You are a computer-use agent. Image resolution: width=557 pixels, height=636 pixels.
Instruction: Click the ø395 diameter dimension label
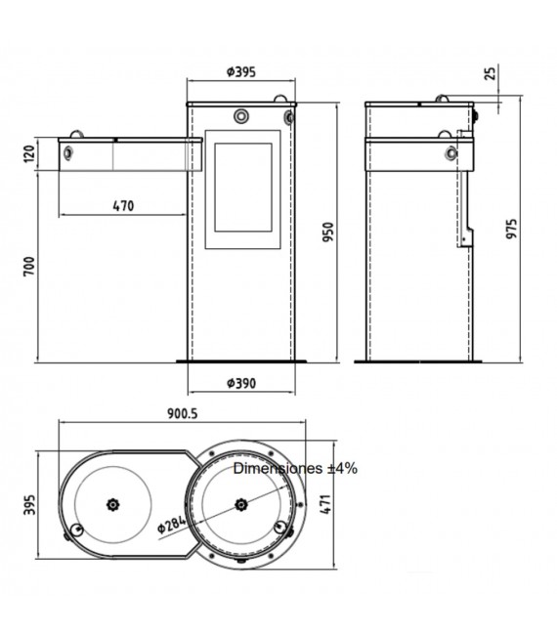241,71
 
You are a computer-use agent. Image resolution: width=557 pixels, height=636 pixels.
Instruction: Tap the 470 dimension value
123,206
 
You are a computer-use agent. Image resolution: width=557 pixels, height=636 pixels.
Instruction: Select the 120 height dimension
29,154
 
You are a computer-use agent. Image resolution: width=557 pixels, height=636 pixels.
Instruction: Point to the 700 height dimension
29,267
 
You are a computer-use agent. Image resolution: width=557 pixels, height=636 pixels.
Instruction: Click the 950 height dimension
327,232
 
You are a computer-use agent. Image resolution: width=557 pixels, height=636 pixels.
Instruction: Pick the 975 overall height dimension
512,229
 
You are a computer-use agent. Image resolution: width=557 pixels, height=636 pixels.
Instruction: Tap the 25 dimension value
491,73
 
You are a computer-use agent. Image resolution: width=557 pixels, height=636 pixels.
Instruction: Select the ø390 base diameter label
241,383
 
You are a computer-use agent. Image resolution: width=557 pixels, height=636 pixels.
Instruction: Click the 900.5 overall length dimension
183,413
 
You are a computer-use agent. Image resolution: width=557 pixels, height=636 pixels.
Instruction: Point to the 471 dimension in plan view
326,504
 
